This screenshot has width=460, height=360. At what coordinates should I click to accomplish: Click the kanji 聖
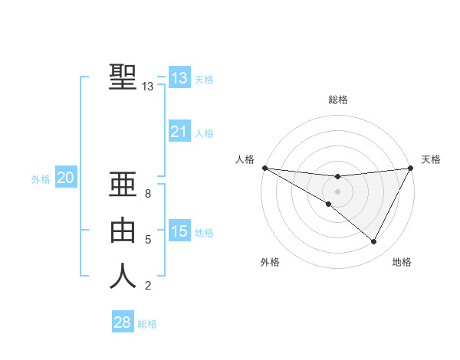(123, 77)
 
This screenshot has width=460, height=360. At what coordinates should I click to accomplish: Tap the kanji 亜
(123, 185)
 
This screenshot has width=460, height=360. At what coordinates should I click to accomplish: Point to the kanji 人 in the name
(123, 276)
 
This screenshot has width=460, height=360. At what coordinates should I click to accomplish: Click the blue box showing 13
(179, 78)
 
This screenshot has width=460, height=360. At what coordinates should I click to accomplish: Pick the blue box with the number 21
(179, 132)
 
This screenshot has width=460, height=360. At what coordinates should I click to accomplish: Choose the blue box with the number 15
(179, 231)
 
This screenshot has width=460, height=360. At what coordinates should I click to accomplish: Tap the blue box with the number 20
(65, 178)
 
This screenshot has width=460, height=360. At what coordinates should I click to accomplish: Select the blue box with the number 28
(122, 322)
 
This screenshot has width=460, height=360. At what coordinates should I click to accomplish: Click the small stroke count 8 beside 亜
(148, 194)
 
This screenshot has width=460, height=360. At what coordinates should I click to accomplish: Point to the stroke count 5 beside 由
(148, 240)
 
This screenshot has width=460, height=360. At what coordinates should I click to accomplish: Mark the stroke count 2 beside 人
(148, 286)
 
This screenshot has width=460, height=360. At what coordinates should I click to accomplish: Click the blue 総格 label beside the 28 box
(147, 324)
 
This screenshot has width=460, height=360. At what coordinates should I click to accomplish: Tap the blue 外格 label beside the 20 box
(41, 179)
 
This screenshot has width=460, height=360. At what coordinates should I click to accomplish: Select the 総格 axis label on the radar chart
(337, 100)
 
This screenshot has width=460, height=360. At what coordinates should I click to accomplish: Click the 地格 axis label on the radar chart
(402, 262)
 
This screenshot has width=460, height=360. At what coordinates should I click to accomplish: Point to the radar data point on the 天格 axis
(410, 168)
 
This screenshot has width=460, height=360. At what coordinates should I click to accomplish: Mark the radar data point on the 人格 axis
(264, 168)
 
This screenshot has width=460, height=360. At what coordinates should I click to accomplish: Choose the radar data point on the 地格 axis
(374, 241)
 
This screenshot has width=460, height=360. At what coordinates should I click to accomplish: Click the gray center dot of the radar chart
(337, 191)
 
